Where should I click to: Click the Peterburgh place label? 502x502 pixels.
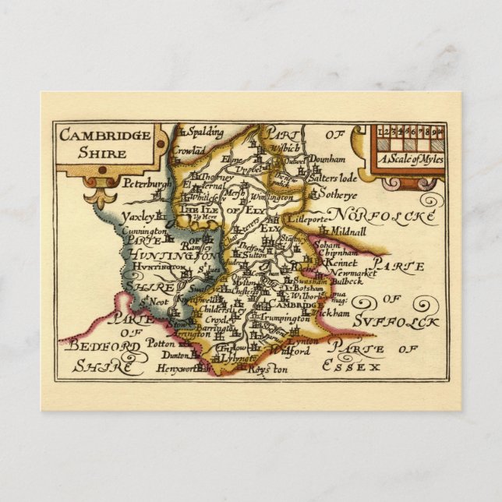pos(147,184)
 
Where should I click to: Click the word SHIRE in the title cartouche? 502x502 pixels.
pos(102,153)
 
